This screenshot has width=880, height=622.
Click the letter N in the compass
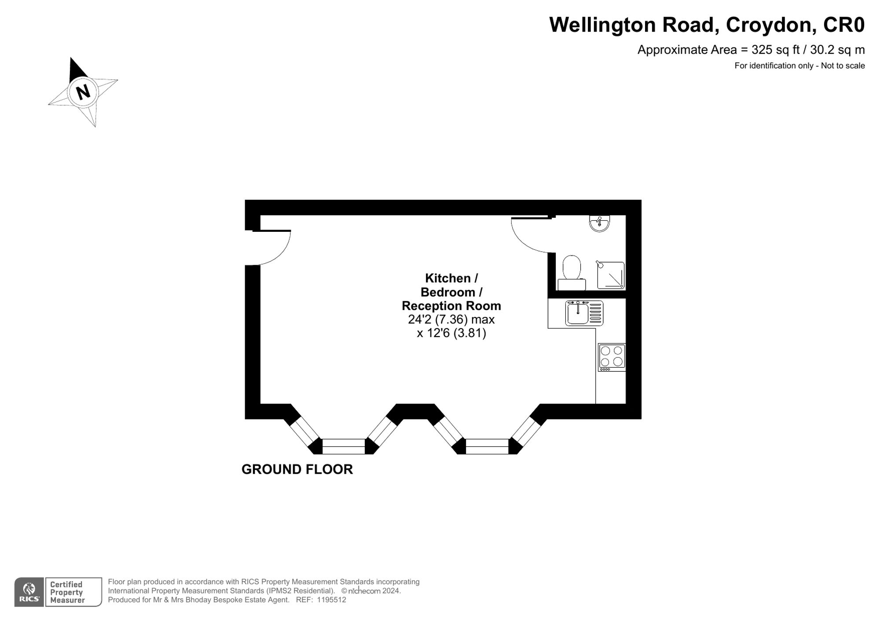(x=83, y=92)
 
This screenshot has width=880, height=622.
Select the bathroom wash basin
(x=599, y=223)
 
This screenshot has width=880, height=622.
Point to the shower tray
(x=611, y=275)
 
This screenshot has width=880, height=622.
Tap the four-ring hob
(x=612, y=356)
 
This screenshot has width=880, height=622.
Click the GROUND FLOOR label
(x=297, y=469)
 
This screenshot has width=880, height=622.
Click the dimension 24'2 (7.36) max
(x=451, y=319)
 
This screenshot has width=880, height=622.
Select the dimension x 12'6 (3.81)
(x=451, y=333)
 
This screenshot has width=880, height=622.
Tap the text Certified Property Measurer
(x=67, y=592)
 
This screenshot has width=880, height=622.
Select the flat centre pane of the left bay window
(x=343, y=446)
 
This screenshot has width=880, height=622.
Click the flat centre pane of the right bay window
(x=487, y=446)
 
